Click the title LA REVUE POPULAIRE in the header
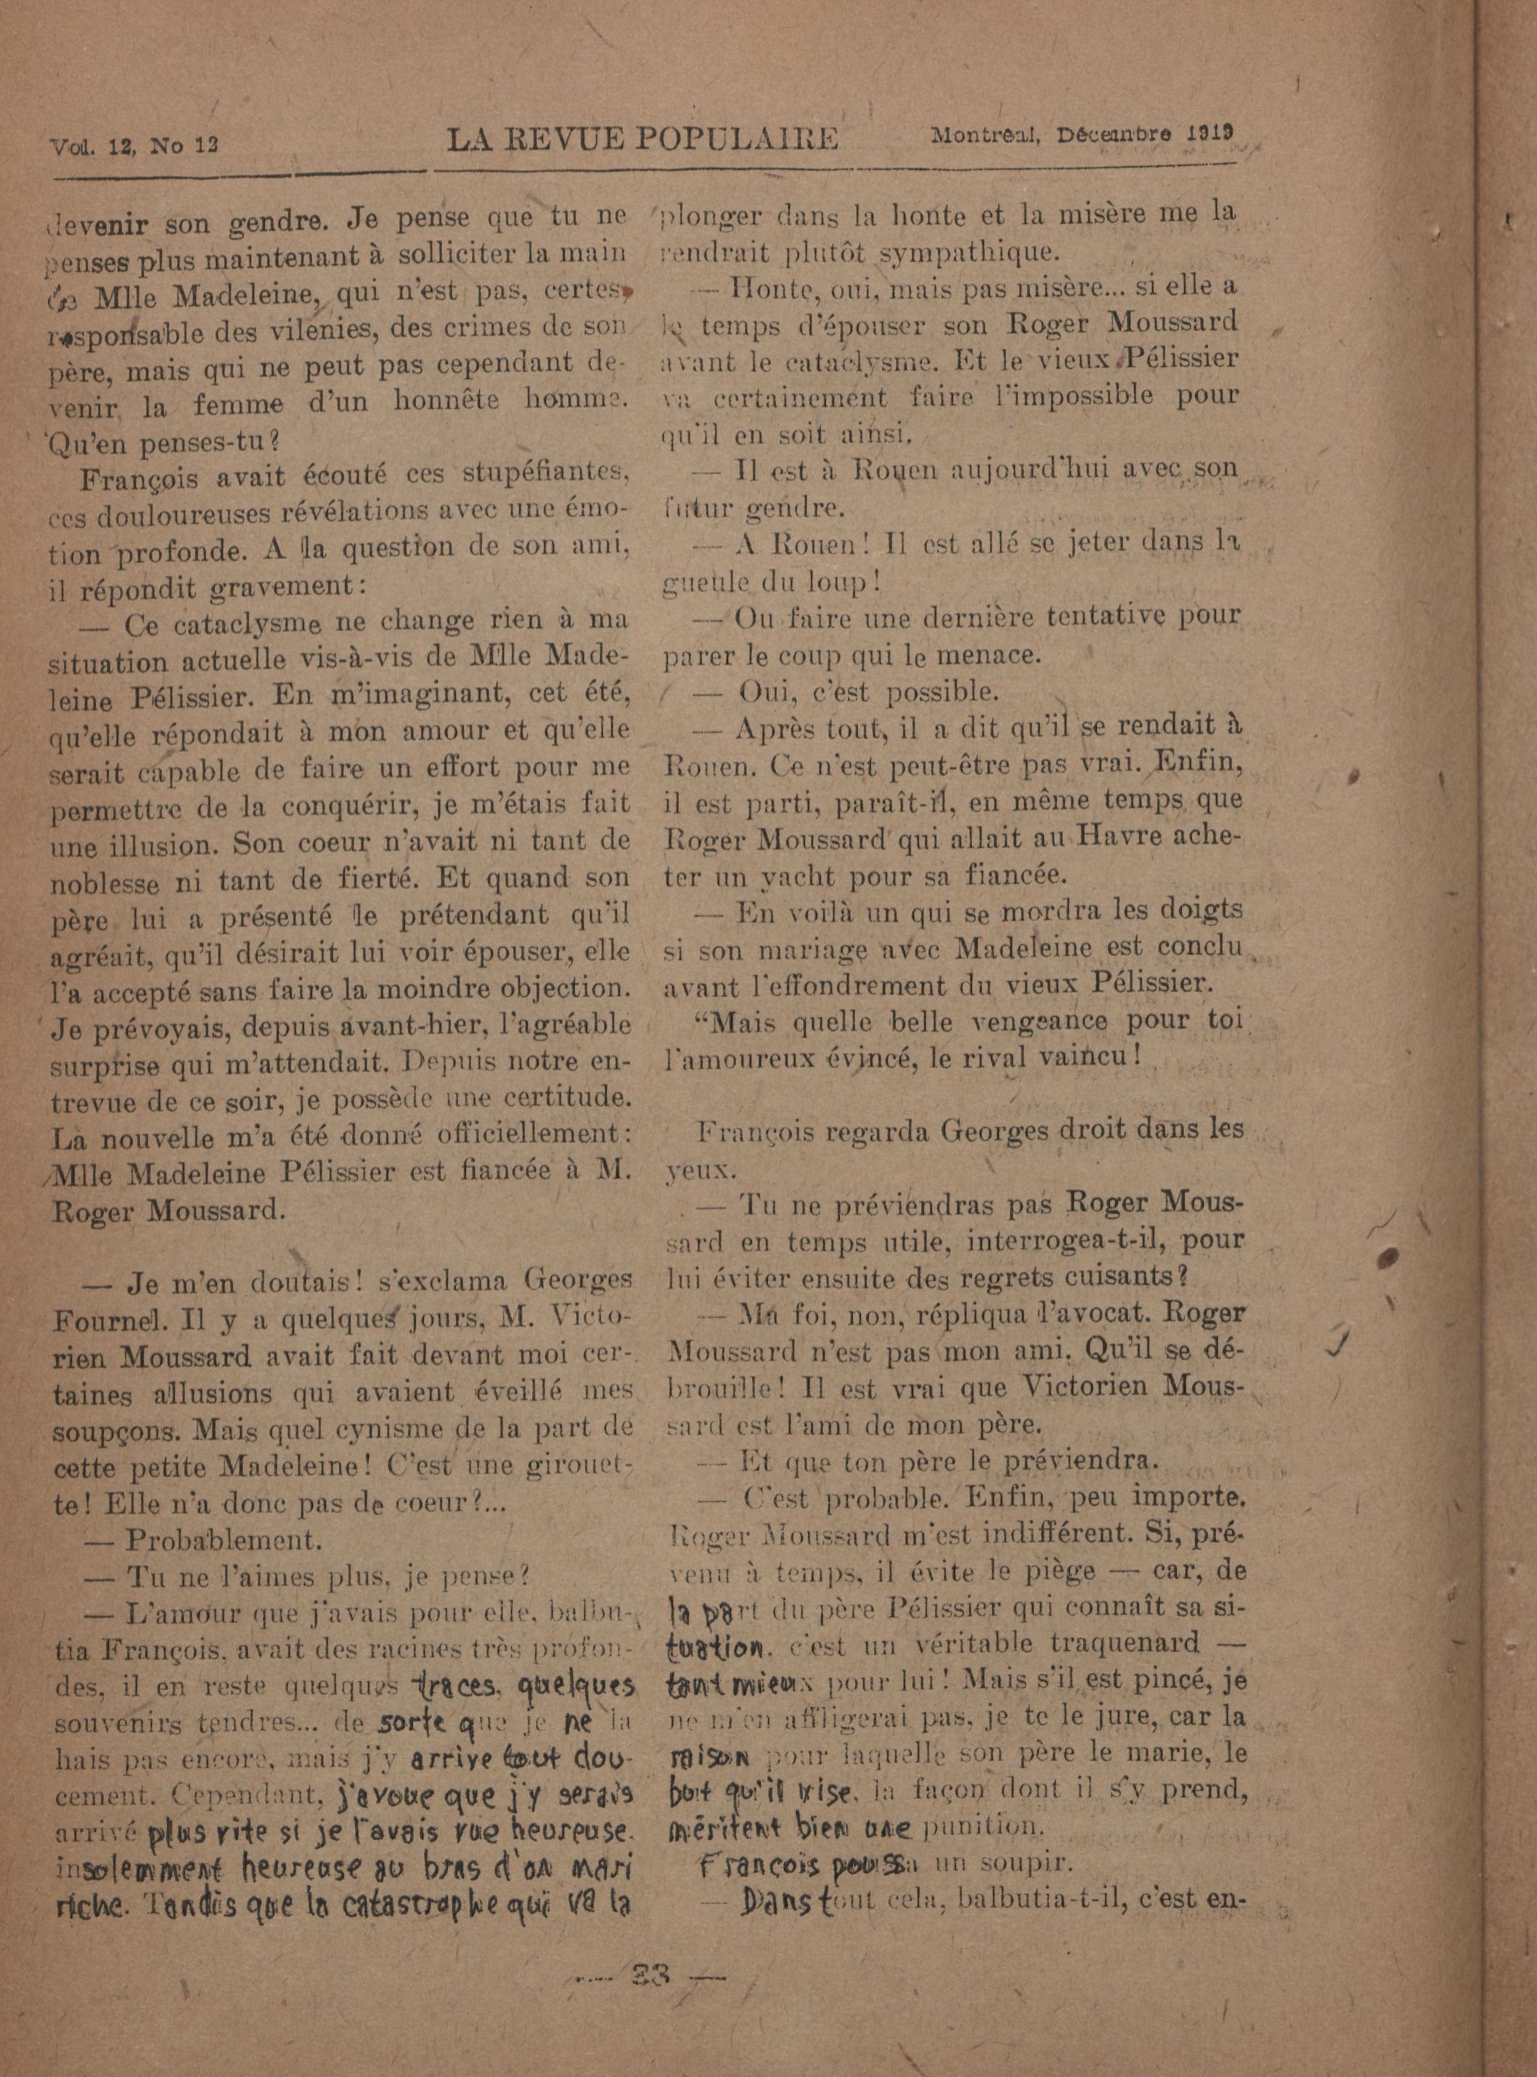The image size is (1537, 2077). click(x=642, y=139)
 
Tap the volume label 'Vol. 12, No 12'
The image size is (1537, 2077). click(x=135, y=146)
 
